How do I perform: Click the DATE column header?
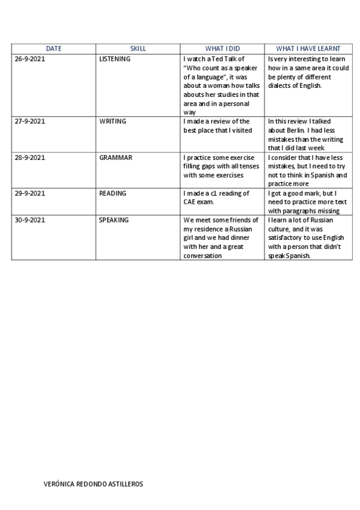click(x=53, y=49)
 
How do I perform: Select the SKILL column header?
click(x=138, y=49)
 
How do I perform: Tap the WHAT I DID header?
click(x=222, y=49)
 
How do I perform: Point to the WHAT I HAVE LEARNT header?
click(x=308, y=49)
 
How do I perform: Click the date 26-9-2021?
click(x=30, y=60)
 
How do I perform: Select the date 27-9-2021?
click(x=30, y=121)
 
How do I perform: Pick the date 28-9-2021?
click(x=30, y=158)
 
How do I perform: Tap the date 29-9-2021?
click(x=30, y=194)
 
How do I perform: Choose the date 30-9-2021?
click(x=30, y=220)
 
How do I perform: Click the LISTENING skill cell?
click(x=115, y=60)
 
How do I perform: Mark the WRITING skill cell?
click(x=112, y=121)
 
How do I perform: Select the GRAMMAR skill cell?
click(x=115, y=158)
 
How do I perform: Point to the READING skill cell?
click(x=112, y=194)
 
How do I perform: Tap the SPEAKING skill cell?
click(x=114, y=220)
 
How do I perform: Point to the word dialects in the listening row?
click(x=280, y=86)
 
